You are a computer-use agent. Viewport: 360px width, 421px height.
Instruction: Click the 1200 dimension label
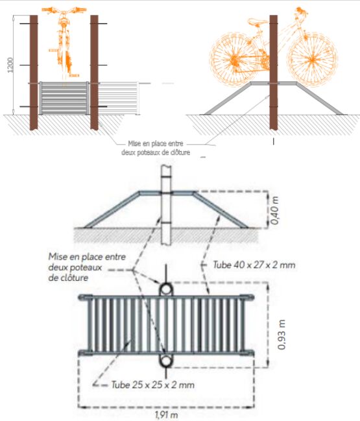tap(10, 65)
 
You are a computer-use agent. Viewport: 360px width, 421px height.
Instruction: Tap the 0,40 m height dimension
tap(275, 210)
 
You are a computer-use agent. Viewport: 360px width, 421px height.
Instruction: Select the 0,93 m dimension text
tap(282, 335)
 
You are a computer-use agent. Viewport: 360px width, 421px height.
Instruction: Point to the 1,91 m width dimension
tap(167, 415)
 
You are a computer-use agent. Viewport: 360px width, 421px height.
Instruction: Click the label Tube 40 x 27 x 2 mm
tap(254, 265)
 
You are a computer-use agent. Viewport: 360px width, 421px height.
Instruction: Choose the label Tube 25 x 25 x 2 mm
tap(152, 385)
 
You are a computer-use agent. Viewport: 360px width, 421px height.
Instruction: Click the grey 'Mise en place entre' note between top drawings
tap(156, 143)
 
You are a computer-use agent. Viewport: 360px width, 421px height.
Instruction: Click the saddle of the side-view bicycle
tap(258, 21)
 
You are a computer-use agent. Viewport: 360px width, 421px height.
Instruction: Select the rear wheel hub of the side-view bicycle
tap(234, 60)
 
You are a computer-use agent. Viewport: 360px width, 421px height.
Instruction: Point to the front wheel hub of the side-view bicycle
tap(312, 59)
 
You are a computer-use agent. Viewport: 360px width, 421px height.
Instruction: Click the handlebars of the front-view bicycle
tap(64, 11)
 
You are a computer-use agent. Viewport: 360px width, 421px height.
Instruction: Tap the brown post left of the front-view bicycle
tap(34, 73)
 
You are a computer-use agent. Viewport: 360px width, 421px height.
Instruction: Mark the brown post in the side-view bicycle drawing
tap(274, 73)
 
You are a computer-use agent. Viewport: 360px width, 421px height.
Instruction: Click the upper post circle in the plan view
tap(166, 289)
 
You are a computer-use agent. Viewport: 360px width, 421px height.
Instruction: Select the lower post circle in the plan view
tap(166, 361)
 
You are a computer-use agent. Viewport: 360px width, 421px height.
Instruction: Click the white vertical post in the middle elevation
tap(166, 206)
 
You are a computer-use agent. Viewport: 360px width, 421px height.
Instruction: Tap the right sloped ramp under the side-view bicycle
tap(319, 98)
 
